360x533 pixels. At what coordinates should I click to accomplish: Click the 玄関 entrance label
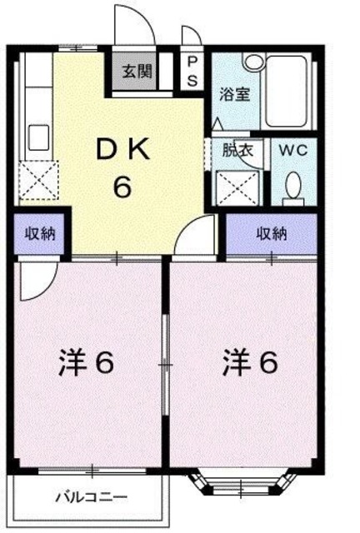138,71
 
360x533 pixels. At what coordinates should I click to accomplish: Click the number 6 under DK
122,187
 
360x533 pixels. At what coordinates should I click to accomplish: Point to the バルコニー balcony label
92,497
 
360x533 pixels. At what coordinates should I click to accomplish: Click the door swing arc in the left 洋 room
38,281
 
